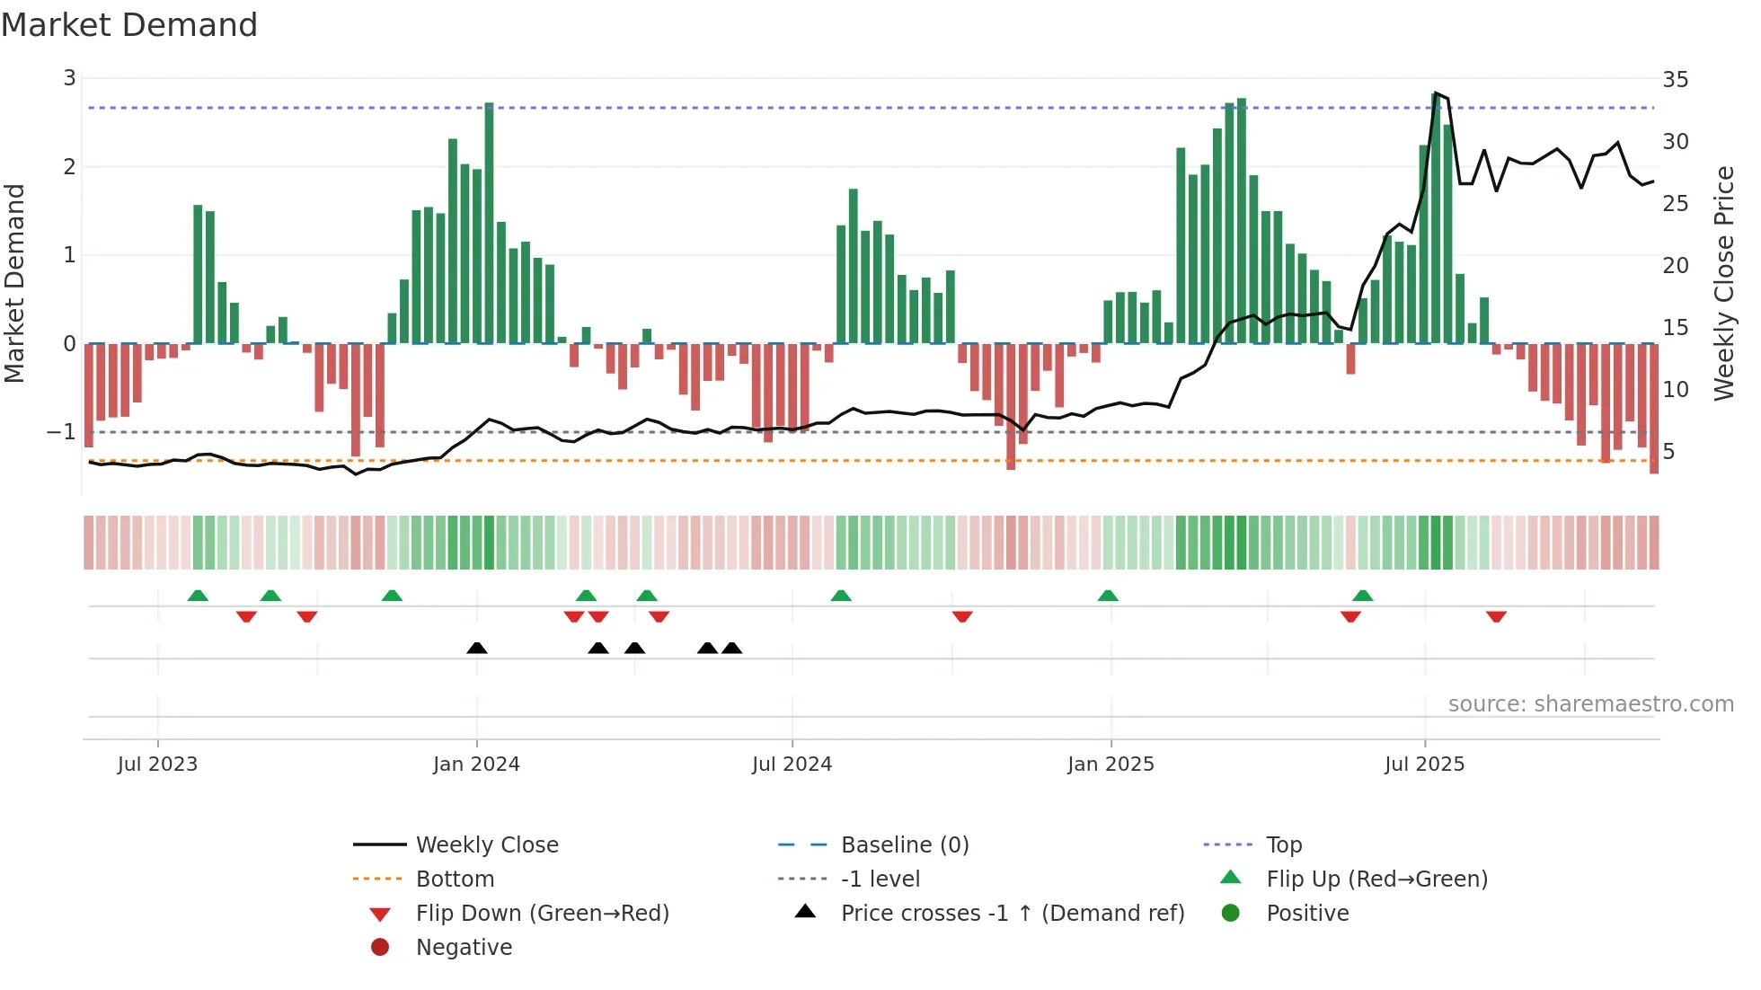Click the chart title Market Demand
(x=129, y=25)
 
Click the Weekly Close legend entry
(x=486, y=844)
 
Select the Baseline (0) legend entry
(x=904, y=844)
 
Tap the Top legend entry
(x=1283, y=844)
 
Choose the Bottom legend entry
(x=455, y=879)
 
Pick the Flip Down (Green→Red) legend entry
(x=542, y=913)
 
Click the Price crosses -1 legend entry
(x=1012, y=913)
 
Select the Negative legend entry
(x=464, y=947)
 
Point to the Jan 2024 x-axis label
(x=476, y=765)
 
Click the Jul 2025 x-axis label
(x=1424, y=765)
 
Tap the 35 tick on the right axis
(x=1675, y=80)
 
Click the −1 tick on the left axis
(x=61, y=432)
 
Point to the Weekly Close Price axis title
(x=1723, y=283)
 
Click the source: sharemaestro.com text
(x=1590, y=703)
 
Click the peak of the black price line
(x=1436, y=93)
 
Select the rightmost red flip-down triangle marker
(x=1496, y=616)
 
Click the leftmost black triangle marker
(x=477, y=648)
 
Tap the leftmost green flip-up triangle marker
(x=198, y=596)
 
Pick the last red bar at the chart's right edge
(x=1654, y=409)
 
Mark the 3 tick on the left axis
(x=69, y=78)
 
